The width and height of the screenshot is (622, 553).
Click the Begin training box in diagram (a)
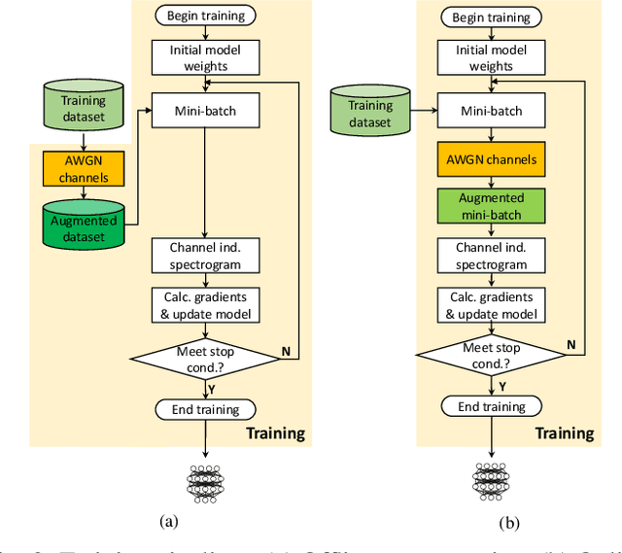[205, 16]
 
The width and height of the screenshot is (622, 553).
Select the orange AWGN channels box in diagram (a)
[83, 167]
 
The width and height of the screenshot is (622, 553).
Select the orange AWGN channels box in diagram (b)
[491, 158]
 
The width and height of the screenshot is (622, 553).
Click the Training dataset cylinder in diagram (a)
[83, 106]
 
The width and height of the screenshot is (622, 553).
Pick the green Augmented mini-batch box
[491, 207]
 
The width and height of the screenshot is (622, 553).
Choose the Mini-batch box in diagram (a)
[205, 111]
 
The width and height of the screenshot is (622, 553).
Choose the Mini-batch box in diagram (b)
[491, 111]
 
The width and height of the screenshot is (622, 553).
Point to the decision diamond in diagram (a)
[205, 358]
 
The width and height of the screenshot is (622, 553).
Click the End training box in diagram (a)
[205, 408]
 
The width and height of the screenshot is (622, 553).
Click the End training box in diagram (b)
[491, 406]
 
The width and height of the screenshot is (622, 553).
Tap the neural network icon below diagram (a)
[206, 482]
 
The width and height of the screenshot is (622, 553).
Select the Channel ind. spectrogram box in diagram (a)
[205, 256]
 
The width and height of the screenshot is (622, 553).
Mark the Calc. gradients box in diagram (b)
[491, 304]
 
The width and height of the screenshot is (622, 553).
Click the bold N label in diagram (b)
[570, 344]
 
